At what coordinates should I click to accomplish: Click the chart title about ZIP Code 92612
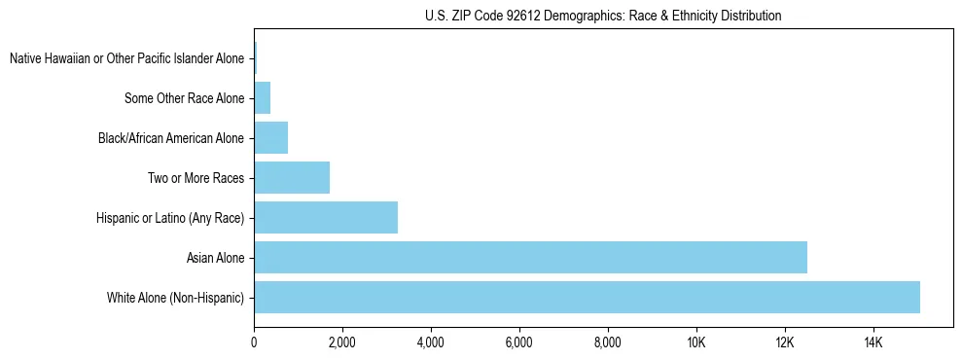[603, 16]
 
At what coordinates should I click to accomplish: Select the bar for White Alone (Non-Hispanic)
[587, 297]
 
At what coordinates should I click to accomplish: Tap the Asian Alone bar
[530, 258]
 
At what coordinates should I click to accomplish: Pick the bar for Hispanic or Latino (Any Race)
[326, 217]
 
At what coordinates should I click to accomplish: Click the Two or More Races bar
[292, 178]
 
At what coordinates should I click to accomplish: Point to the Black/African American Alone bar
[270, 138]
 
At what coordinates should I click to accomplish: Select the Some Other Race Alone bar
[262, 98]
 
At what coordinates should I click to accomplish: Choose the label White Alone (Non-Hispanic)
[176, 298]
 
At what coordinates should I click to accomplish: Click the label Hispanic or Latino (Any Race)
[170, 218]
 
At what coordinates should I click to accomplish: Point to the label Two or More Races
[196, 178]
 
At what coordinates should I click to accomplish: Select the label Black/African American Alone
[171, 138]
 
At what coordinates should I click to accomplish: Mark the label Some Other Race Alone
[185, 98]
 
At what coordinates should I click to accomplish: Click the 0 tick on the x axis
[254, 342]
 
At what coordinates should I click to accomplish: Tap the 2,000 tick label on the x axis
[342, 342]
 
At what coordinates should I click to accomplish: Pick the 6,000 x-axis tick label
[519, 342]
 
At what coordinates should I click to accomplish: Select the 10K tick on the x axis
[695, 342]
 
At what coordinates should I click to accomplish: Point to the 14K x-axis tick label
[873, 342]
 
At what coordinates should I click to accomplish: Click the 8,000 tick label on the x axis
[608, 342]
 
